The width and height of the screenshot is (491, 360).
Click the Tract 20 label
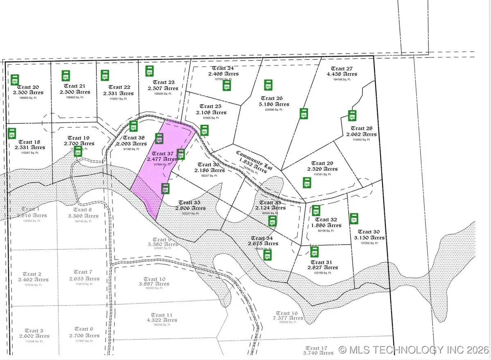(x=29, y=87)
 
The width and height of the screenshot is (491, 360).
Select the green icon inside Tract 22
(x=105, y=75)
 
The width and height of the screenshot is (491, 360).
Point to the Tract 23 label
(x=163, y=82)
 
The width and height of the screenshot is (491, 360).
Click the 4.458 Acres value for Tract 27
(x=342, y=74)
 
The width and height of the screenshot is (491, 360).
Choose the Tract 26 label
(x=271, y=98)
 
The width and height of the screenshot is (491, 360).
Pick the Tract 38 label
(x=134, y=138)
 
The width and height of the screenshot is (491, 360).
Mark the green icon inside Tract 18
(x=12, y=134)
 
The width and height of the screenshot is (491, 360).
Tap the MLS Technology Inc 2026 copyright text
(x=414, y=350)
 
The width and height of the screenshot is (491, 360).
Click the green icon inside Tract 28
(x=351, y=115)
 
